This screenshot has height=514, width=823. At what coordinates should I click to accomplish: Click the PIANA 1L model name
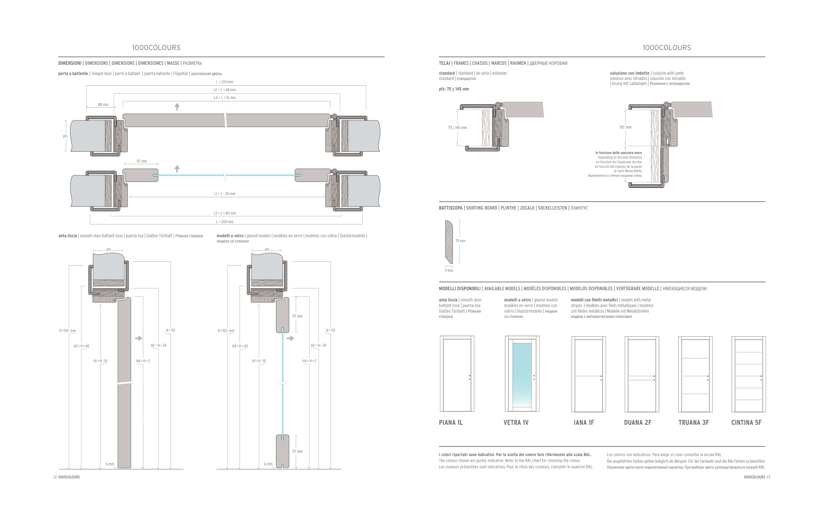pyautogui.click(x=451, y=423)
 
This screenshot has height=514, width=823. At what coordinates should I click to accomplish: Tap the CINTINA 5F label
pyautogui.click(x=746, y=423)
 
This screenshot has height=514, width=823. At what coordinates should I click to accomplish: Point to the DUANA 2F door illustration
pyautogui.click(x=642, y=374)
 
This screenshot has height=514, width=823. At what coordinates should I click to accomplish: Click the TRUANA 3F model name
pyautogui.click(x=693, y=423)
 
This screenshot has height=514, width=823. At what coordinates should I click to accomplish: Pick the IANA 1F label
pyautogui.click(x=584, y=423)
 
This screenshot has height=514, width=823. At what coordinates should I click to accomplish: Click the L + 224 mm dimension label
pyautogui.click(x=225, y=82)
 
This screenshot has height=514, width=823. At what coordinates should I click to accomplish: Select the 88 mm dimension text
pyautogui.click(x=103, y=105)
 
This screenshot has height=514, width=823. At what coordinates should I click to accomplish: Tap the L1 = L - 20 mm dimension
pyautogui.click(x=225, y=194)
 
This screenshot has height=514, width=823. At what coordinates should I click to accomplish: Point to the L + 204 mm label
pyautogui.click(x=225, y=222)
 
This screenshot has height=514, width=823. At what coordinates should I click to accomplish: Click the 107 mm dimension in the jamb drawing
pyautogui.click(x=625, y=127)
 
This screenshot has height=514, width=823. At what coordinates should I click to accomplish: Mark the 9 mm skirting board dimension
pyautogui.click(x=449, y=270)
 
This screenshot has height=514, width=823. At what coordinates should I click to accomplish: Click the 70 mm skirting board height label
pyautogui.click(x=460, y=241)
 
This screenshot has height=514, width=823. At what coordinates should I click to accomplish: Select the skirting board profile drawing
pyautogui.click(x=449, y=242)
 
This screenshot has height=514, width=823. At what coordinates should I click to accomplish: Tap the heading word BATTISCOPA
pyautogui.click(x=451, y=208)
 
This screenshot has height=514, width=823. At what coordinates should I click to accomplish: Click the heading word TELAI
pyautogui.click(x=444, y=63)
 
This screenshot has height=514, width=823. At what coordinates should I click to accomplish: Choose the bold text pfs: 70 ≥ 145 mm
pyautogui.click(x=453, y=89)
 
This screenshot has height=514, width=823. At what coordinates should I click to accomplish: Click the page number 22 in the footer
pyautogui.click(x=55, y=477)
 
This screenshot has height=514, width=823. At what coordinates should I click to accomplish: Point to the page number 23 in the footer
pyautogui.click(x=768, y=477)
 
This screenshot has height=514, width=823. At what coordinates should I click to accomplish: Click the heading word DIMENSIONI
pyautogui.click(x=70, y=63)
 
